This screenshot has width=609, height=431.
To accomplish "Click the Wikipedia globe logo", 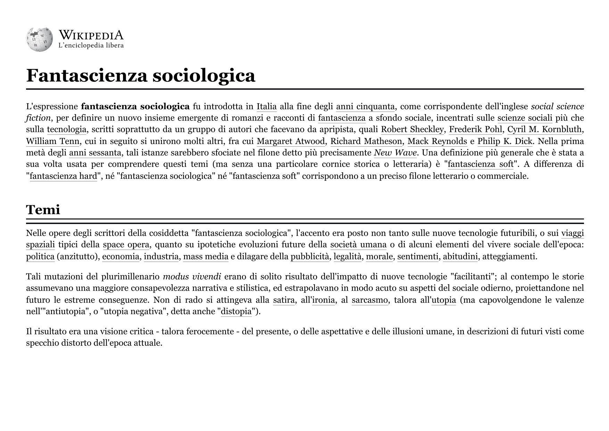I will point(39,40).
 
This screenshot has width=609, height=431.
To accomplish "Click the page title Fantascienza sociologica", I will point(141,75).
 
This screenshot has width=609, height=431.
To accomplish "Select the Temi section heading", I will point(43,210).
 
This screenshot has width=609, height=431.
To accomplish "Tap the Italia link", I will point(266,106).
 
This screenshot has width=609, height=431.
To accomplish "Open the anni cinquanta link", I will point(365,106).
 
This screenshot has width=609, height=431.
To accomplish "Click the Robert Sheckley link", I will point(412,130).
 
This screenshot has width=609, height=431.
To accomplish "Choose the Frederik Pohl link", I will point(476,130).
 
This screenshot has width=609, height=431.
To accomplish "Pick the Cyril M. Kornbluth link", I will point(544,130).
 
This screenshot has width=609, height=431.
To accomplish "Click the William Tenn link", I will point(53,141).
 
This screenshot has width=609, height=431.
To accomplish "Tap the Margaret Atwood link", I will point(291,141).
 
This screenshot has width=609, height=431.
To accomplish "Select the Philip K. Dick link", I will point(505,141).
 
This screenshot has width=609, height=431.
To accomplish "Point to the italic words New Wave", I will point(395,153).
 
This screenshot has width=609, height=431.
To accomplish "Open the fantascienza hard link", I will point(63,176).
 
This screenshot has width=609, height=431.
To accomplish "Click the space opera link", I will point(126,245).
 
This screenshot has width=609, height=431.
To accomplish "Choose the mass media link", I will point(206,257).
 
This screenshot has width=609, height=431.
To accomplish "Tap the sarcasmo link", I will point(370,300).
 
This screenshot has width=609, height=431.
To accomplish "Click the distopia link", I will point(236,311).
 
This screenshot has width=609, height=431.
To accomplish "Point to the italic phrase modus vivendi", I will point(192,277).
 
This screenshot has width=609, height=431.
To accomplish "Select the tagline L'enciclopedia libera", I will point(91,46).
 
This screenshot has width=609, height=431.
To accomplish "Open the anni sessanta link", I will point(95,153).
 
